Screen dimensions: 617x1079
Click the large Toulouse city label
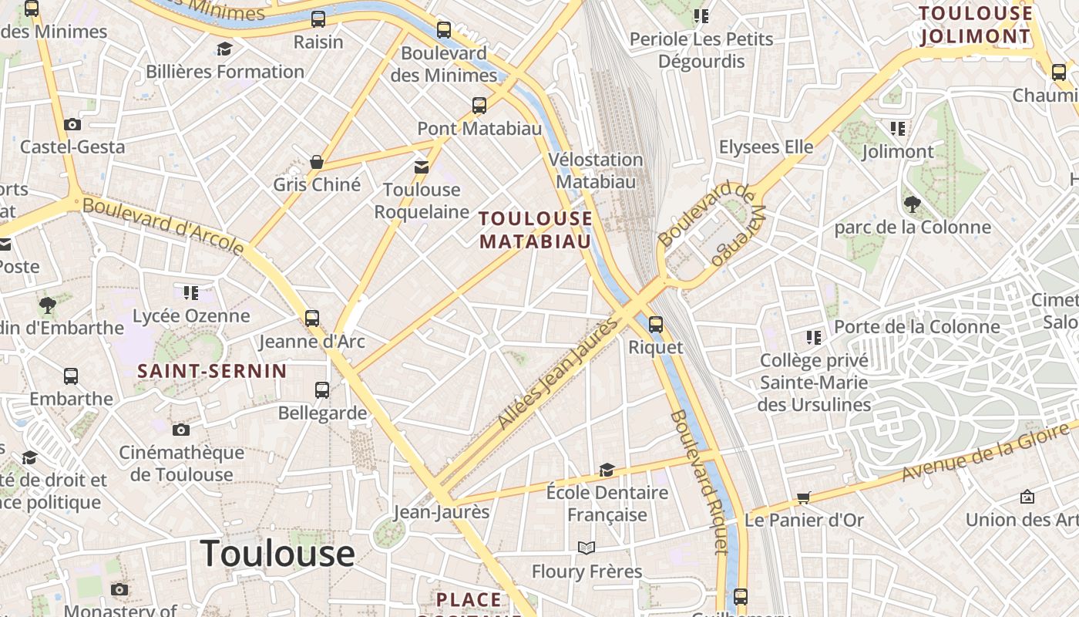point(277,553)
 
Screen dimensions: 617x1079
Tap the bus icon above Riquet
point(656,325)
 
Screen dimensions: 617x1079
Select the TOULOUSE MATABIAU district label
point(536,230)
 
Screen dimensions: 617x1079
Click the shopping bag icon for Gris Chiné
point(316,162)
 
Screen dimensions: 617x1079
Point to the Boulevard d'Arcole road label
point(163,226)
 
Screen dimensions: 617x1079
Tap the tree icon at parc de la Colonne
point(913,204)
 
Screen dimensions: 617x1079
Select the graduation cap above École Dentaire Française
point(607,470)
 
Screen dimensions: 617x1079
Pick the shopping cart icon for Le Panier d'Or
point(804,497)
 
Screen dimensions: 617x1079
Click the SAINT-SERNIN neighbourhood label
point(212,371)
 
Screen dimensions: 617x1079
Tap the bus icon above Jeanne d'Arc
point(312,318)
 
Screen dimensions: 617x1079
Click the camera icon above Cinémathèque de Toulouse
point(181,430)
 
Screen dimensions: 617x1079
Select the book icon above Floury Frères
point(587,548)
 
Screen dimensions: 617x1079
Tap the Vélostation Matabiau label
point(596,170)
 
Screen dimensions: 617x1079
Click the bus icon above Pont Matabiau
point(479,106)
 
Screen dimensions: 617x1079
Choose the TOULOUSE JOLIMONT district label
point(975,25)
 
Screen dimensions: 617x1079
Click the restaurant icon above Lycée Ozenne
point(190,293)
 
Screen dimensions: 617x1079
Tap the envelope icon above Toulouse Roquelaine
point(421,167)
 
